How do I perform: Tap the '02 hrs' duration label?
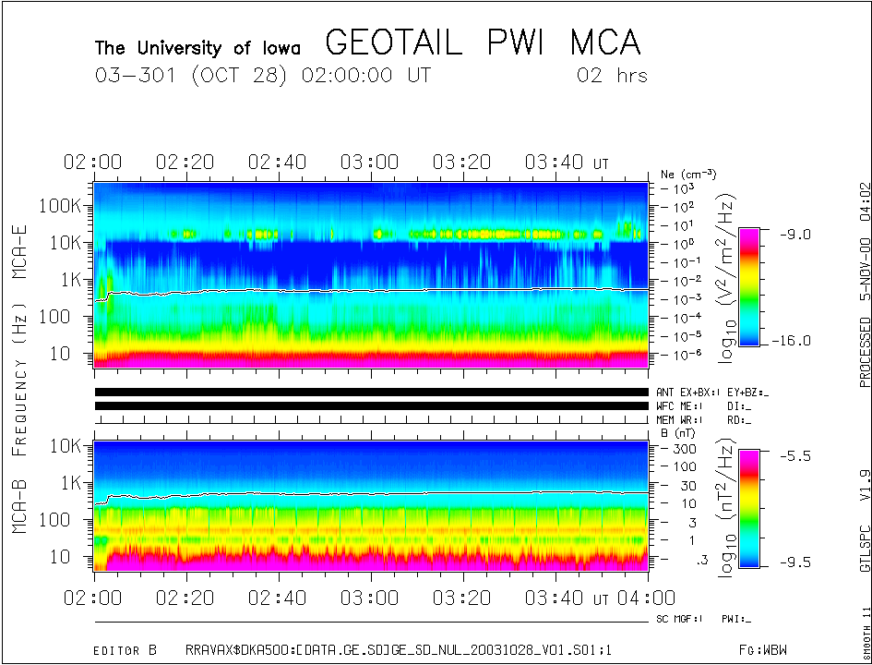point(611,76)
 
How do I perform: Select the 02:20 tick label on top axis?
point(185,163)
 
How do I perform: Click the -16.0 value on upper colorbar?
point(793,341)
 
